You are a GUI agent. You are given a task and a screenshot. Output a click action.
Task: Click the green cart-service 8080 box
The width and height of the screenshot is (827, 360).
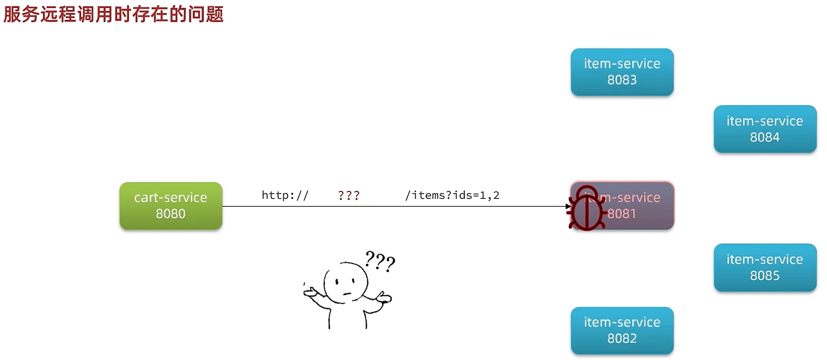171,206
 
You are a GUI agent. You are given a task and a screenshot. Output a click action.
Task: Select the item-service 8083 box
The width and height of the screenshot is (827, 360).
622,72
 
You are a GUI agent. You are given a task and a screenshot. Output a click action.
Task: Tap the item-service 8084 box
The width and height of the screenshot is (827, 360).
765,129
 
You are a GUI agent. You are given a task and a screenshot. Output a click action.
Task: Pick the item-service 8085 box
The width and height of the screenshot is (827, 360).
765,267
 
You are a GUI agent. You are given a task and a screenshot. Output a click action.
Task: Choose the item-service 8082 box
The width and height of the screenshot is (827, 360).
622,330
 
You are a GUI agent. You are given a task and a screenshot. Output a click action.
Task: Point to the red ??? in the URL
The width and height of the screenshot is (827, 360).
348,195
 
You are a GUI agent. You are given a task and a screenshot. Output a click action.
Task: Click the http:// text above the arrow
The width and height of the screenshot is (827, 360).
285,195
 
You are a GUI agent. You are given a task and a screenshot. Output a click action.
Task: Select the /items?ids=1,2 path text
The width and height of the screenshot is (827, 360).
452,195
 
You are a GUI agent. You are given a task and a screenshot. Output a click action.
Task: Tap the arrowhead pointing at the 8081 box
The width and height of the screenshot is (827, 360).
568,206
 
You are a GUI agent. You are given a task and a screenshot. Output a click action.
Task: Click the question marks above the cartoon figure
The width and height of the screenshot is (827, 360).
380,261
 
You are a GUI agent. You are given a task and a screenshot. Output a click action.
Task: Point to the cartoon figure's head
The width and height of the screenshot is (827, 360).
345,283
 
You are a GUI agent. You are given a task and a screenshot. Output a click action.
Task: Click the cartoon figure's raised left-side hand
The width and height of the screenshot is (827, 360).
310,293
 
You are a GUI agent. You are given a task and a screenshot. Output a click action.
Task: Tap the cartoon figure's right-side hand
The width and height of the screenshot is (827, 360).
384,298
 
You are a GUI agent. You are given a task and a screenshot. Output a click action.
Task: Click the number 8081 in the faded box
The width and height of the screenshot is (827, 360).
622,214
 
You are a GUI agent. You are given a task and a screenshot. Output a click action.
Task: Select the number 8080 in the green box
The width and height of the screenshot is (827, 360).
171,214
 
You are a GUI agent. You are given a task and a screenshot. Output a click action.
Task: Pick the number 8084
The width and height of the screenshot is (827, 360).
765,137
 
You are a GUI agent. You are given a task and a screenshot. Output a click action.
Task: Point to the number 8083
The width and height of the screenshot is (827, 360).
622,80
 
